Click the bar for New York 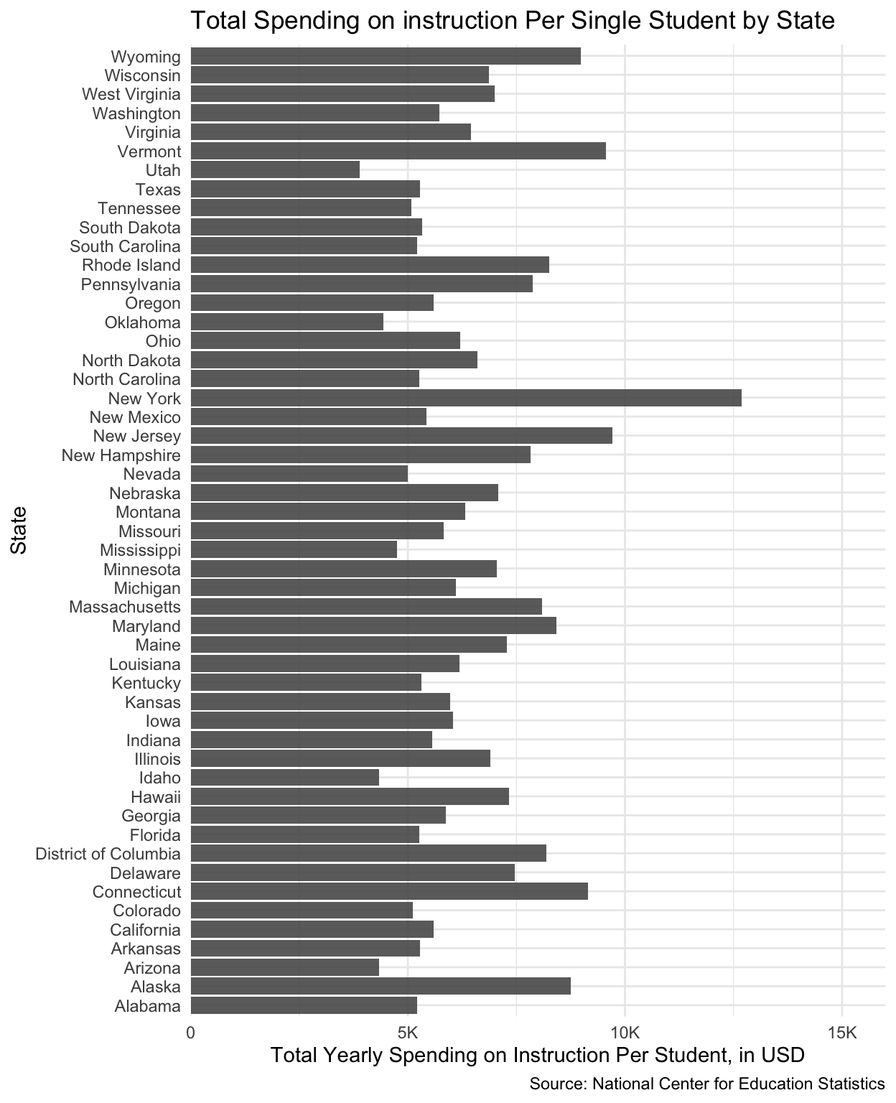point(466,398)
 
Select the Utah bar point(275,170)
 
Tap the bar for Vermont point(398,151)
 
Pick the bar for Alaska point(381,986)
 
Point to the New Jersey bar point(401,436)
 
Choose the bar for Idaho point(285,778)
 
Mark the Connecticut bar point(389,891)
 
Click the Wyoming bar point(386,56)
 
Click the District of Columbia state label point(108,854)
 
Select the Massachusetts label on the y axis point(125,607)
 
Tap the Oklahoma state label point(143,322)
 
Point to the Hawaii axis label point(156,796)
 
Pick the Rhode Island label point(131,265)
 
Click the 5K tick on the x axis point(408,1033)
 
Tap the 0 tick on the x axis point(191,1033)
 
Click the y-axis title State point(19,530)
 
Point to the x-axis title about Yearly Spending point(537,1055)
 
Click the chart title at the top point(512,20)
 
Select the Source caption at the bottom point(706,1084)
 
